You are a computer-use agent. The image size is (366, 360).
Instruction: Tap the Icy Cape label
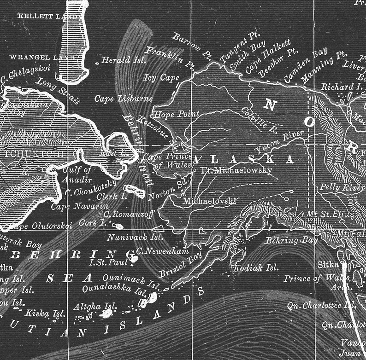click(x=162, y=78)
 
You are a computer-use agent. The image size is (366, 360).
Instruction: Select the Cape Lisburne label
click(x=123, y=98)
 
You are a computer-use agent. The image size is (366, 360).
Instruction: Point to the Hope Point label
click(x=176, y=114)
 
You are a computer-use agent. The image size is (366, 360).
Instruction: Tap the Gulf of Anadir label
click(x=77, y=174)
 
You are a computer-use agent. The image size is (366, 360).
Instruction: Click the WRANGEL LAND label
click(x=41, y=58)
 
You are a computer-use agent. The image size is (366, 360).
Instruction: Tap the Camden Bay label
click(x=305, y=65)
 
